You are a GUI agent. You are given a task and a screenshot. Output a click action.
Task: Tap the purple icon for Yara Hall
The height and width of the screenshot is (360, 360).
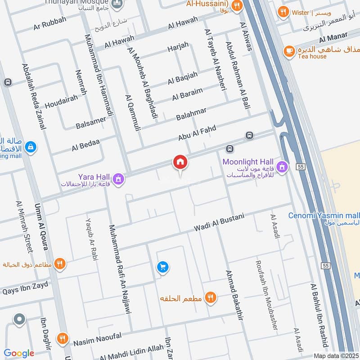tap(118, 179)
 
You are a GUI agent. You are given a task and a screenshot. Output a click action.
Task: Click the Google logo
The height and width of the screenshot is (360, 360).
tap(19, 353)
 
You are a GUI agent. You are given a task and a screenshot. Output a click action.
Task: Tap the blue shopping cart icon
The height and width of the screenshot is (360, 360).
tap(162, 267)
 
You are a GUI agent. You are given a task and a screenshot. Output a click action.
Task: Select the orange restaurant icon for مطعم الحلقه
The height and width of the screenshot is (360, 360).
tap(210, 297)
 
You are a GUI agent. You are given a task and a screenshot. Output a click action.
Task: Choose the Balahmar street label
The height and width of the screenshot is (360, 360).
tap(191, 114)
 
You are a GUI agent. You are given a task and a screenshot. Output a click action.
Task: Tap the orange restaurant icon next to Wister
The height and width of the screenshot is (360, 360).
tap(283, 12)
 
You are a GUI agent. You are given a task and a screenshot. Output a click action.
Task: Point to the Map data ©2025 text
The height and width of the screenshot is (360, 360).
tap(335, 355)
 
